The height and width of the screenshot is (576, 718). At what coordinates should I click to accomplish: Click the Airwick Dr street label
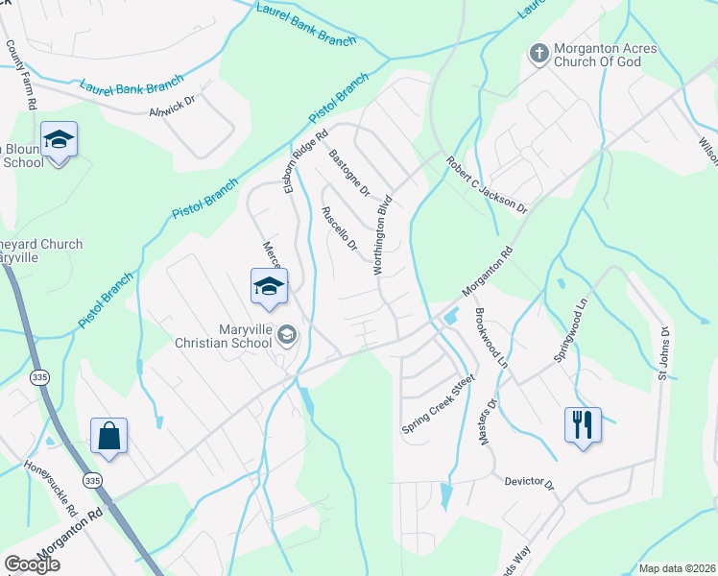coord(173,111)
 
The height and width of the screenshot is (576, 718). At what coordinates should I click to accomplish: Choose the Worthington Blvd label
coord(384,236)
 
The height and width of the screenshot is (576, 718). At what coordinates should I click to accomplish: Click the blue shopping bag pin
coord(109,436)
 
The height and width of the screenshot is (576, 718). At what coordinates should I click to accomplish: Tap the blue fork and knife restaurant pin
coord(582,424)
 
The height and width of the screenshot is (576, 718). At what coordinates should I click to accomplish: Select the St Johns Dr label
coord(662,351)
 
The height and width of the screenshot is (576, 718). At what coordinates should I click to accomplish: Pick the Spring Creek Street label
coord(439,404)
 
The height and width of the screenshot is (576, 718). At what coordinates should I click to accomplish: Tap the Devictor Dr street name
coord(530,481)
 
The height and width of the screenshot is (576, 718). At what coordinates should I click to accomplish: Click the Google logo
coord(32,564)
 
